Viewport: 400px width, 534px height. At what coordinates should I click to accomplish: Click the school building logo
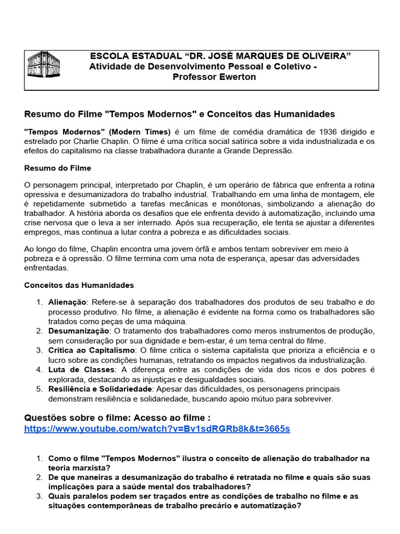pos(43,65)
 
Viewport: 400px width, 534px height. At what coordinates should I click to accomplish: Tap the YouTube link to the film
pos(157,429)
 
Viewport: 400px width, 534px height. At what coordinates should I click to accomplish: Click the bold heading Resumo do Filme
pos(58,168)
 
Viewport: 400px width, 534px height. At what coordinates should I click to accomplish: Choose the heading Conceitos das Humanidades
pos(79,285)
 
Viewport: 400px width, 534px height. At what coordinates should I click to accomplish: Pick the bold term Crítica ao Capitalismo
pos(92,350)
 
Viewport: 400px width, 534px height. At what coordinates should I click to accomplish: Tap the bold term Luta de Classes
pos(80,370)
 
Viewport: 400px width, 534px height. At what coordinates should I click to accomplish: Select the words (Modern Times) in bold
pos(140,131)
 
